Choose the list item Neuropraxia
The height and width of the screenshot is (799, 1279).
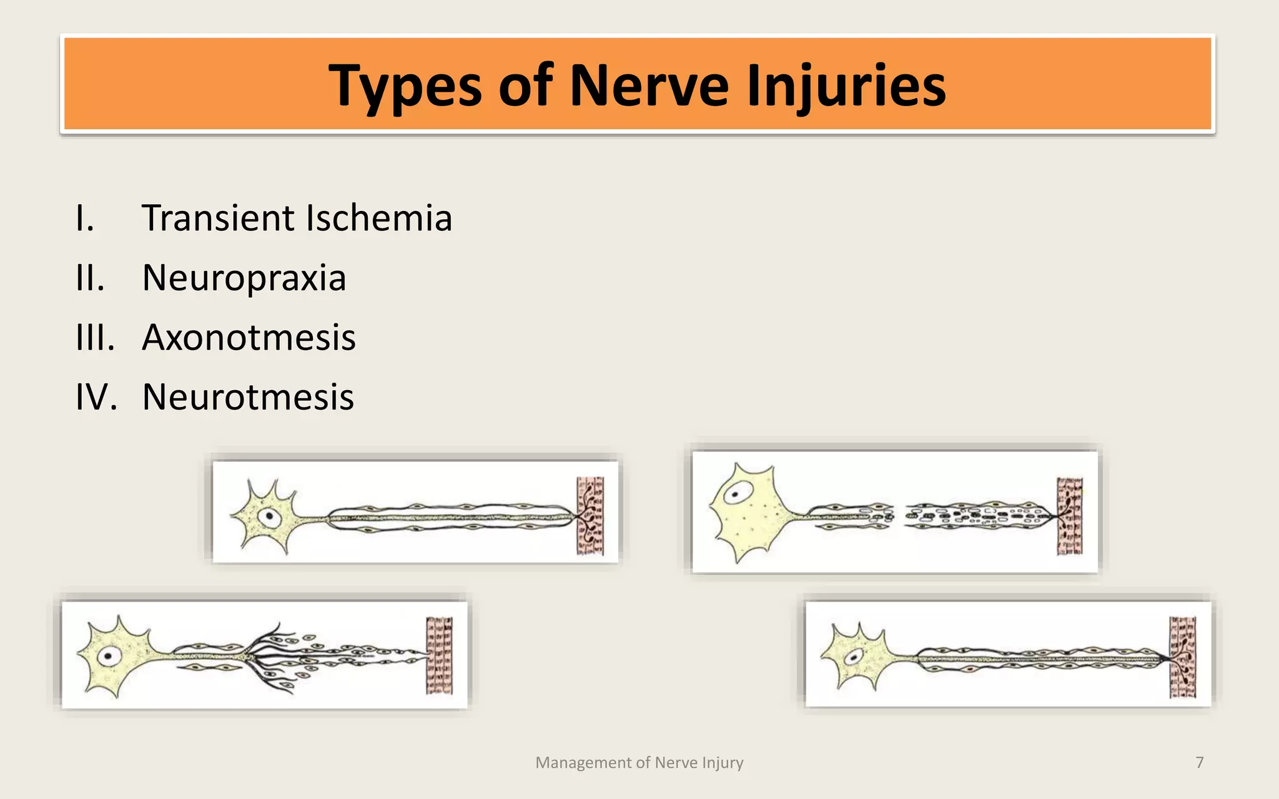[244, 278]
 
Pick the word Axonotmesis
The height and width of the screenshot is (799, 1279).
[249, 338]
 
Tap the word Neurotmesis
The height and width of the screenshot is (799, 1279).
[248, 397]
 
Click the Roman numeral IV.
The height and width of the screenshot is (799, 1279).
[96, 397]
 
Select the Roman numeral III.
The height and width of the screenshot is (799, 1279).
[95, 338]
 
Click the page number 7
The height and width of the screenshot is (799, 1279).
[1199, 762]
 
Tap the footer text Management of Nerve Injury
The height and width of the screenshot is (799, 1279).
[639, 762]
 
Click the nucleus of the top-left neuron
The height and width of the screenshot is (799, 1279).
[270, 516]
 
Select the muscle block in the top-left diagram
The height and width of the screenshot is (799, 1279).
[590, 516]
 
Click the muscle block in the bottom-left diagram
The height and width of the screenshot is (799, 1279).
[439, 655]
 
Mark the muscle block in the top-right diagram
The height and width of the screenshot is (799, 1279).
[1069, 516]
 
